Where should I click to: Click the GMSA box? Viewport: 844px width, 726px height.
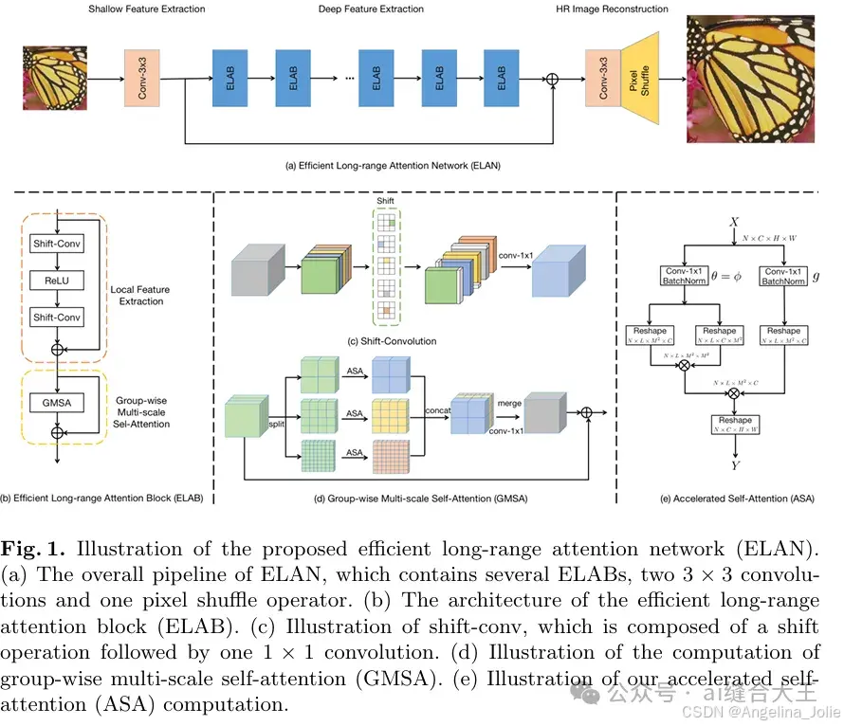tap(57, 402)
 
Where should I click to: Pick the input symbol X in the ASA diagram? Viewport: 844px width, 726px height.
tap(732, 222)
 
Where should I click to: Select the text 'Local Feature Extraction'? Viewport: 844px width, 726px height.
tap(141, 295)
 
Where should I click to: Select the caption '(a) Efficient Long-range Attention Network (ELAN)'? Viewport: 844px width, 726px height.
tap(393, 165)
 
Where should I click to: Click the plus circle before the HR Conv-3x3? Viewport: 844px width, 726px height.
tap(554, 80)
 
